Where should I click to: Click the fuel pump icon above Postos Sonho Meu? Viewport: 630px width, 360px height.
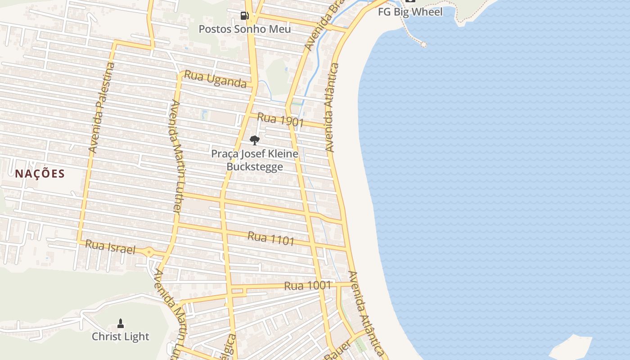244,16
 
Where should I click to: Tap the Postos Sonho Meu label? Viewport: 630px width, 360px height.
245,29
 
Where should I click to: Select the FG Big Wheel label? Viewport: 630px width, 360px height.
410,12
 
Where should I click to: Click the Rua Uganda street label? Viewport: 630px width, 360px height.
216,79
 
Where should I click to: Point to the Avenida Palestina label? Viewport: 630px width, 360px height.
102,108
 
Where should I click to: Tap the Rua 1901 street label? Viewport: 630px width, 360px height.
281,120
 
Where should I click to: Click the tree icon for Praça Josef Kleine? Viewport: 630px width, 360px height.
255,140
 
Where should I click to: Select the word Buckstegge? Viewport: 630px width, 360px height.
255,167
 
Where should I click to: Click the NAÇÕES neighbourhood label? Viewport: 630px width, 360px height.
40,174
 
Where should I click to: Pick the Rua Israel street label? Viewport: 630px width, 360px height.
110,247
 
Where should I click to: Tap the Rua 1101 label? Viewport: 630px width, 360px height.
271,238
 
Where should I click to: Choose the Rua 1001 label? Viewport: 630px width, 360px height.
307,286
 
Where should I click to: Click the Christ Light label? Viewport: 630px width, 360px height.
121,337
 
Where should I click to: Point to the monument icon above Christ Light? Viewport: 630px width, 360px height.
121,323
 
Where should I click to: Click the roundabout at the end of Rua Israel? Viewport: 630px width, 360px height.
149,252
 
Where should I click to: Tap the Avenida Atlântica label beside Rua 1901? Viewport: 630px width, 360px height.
332,108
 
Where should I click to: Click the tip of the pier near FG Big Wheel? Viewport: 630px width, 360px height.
423,44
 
